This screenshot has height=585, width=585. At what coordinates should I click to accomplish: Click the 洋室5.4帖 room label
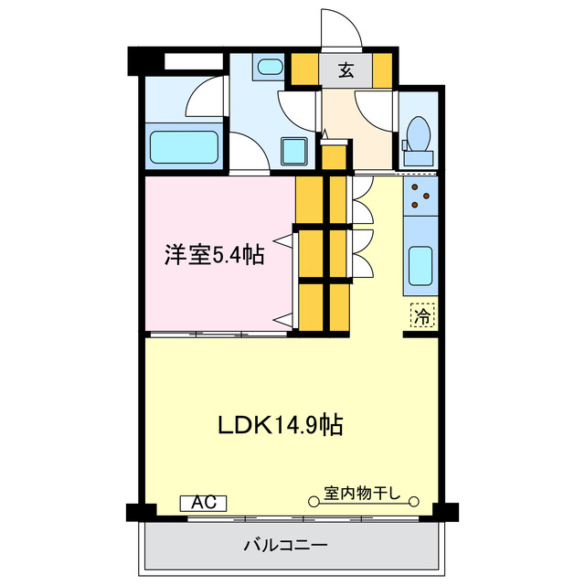tap(214, 255)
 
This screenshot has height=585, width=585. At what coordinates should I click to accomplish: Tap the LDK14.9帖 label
tap(280, 425)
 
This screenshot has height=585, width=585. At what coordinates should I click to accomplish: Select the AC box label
tap(203, 503)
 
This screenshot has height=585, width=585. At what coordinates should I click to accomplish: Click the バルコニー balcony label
tap(285, 546)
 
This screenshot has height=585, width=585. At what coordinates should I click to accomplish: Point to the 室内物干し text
tap(363, 495)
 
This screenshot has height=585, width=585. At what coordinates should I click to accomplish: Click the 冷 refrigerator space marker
tap(422, 317)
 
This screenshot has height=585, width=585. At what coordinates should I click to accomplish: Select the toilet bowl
tap(419, 134)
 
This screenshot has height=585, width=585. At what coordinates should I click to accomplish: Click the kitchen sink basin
tap(420, 265)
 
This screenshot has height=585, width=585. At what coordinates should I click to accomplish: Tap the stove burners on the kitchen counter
tap(421, 192)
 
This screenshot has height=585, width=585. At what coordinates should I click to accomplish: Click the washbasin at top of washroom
tap(270, 68)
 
